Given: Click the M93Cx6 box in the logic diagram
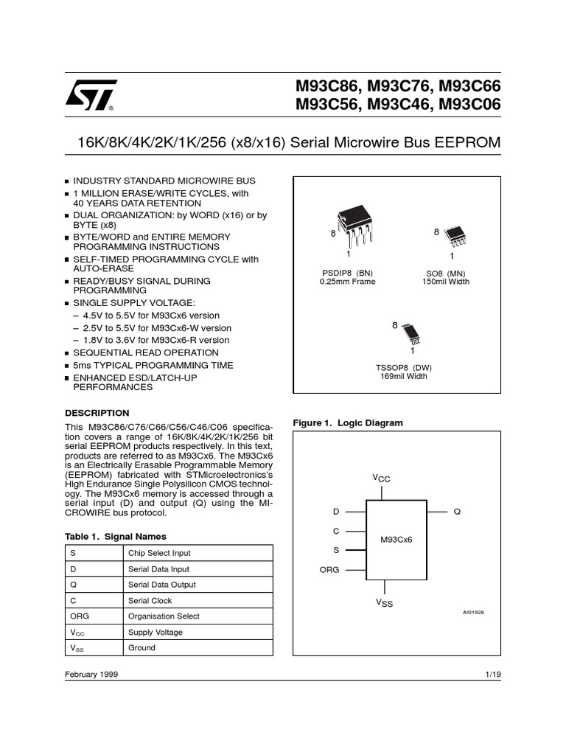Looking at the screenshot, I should pos(396,539).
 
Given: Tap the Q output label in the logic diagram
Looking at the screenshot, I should pos(456,512).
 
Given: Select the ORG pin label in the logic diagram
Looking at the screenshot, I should pos(329,570).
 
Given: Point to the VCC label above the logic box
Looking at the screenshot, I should pos(381,479).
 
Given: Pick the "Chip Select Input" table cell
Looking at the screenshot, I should pos(160,553).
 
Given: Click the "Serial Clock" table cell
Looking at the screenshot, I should pos(150,601).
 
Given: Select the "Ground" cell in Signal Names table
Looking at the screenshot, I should pos(141,648).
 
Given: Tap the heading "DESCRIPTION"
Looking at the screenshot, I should pos(97,413).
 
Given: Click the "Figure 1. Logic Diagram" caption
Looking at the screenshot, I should pos(348,422).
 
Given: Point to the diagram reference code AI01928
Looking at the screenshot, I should pos(473,612).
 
